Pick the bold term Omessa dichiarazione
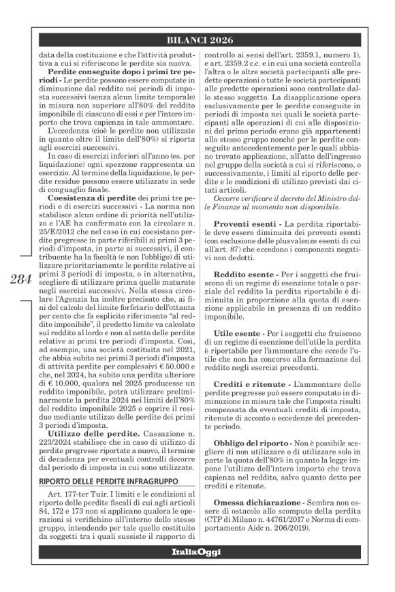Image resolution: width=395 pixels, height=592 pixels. click(257, 504)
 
